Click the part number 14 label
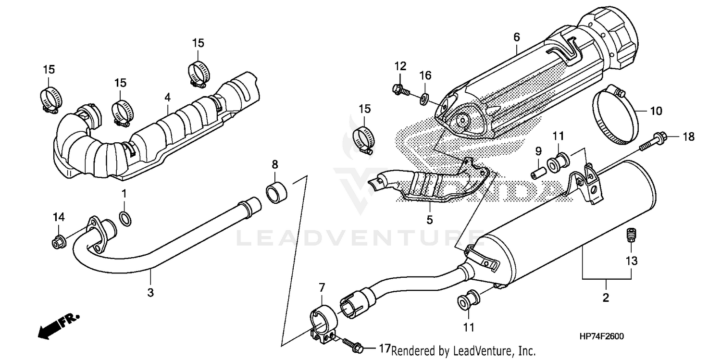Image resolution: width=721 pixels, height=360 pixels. click(58, 217)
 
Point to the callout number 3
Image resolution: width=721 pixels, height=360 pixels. click(150, 292)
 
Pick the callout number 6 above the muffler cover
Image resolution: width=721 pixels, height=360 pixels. click(517, 37)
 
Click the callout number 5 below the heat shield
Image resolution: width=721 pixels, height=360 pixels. click(429, 220)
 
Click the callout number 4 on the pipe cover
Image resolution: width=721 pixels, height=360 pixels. click(167, 98)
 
